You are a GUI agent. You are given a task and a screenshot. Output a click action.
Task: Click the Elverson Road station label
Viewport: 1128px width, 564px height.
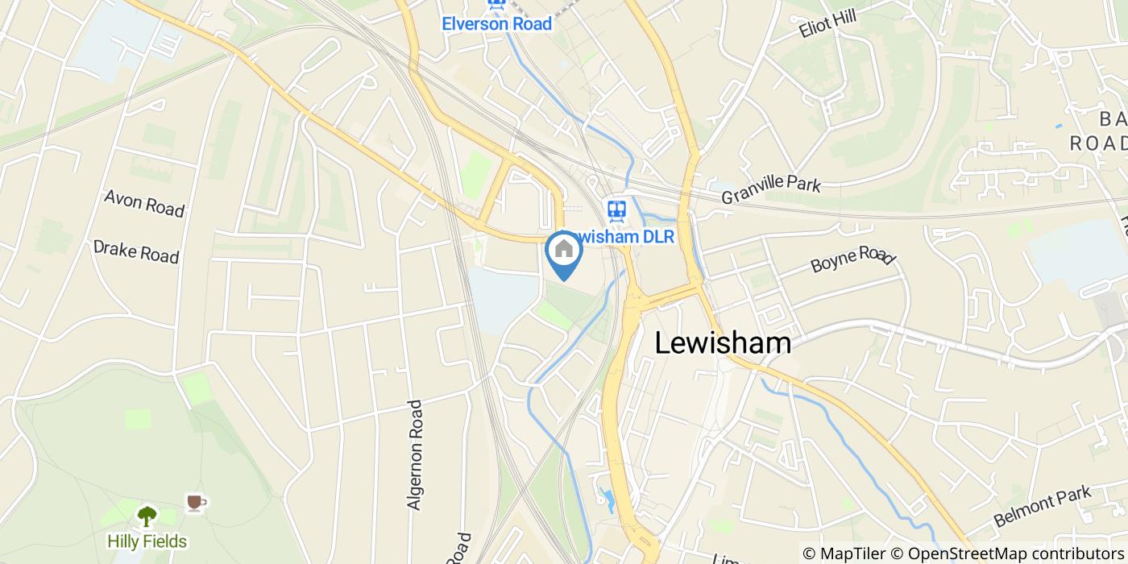[x=496, y=23]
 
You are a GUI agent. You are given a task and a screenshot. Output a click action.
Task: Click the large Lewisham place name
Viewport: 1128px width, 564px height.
[x=722, y=343]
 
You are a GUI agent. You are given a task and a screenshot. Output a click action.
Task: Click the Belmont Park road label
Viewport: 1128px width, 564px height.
[x=1042, y=505]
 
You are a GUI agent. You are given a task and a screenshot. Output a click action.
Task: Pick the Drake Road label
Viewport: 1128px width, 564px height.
[x=135, y=251]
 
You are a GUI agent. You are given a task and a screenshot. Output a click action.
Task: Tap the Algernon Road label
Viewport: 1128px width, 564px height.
[x=415, y=454]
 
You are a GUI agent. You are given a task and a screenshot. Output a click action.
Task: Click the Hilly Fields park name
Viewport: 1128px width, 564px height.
[x=147, y=541]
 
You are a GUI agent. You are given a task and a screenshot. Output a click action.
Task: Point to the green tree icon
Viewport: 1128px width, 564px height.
[x=147, y=516]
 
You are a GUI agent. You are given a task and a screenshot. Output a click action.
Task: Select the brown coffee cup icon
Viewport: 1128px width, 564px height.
[x=195, y=503]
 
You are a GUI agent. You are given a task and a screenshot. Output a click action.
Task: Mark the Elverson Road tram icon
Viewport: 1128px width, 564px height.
[x=496, y=3]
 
